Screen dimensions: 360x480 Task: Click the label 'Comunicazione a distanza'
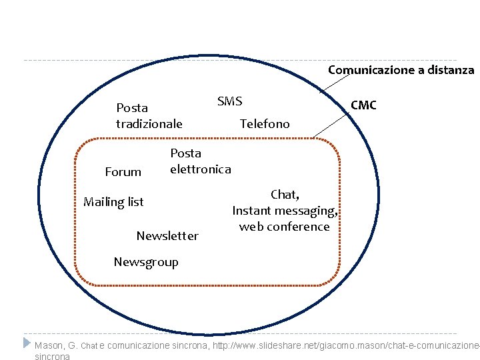tap(401, 70)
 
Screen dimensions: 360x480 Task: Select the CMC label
tap(363, 105)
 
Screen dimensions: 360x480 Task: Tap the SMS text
tap(229, 101)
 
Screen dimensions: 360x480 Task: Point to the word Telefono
tap(265, 123)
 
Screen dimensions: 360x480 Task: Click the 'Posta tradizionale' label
tap(149, 115)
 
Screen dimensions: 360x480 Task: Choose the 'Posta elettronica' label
tap(200, 161)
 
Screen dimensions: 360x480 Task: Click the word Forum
tap(123, 172)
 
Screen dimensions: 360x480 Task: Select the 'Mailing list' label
tap(113, 202)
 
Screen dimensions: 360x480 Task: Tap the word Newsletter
tap(167, 236)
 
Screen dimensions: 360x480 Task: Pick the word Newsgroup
tap(146, 262)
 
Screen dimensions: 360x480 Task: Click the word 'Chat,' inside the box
tap(285, 195)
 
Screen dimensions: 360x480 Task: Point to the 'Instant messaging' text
tap(284, 211)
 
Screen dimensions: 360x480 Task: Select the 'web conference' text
tap(285, 227)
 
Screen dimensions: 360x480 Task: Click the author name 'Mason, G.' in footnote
tap(57, 345)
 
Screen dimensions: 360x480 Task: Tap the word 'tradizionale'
tap(149, 123)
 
